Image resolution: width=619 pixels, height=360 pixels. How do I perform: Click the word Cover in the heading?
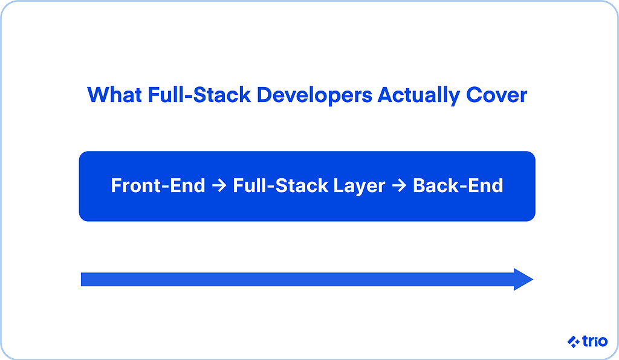tap(497, 95)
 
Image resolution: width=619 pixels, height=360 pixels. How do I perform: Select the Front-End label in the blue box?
tap(158, 185)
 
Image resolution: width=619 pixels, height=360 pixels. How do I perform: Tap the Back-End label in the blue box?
tap(458, 185)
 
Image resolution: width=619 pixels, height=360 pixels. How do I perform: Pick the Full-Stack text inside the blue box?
tap(280, 185)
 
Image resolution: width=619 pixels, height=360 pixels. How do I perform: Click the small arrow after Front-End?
tap(219, 185)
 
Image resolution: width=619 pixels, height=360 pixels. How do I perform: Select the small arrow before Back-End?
tap(399, 185)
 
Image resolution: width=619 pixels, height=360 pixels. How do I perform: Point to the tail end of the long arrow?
tap(82, 280)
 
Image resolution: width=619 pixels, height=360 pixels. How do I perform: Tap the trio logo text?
tap(595, 341)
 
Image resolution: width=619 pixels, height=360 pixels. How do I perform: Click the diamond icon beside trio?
tap(574, 341)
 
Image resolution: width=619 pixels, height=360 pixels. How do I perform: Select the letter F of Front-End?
tap(115, 185)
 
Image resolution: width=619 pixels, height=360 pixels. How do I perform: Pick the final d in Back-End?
tap(497, 185)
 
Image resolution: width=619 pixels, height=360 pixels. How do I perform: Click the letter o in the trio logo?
tap(603, 342)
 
